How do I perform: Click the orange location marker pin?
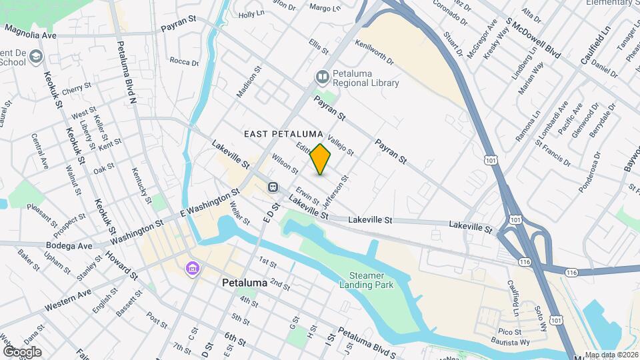pyautogui.click(x=321, y=159)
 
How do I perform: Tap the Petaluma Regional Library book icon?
pyautogui.click(x=323, y=78)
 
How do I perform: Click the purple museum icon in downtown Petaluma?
pyautogui.click(x=193, y=269)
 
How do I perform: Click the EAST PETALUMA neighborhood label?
pyautogui.click(x=283, y=134)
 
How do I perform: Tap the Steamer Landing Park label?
pyautogui.click(x=371, y=280)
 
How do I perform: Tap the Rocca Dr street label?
pyautogui.click(x=184, y=62)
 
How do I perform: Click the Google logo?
pyautogui.click(x=22, y=351)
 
